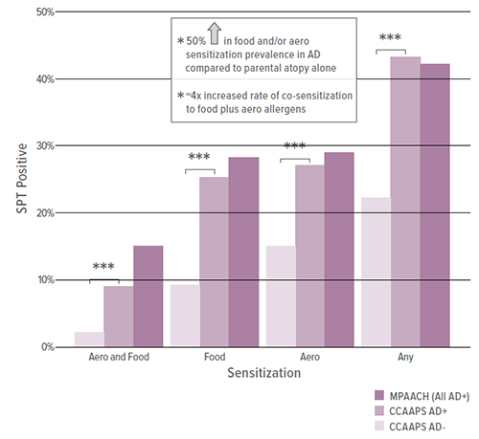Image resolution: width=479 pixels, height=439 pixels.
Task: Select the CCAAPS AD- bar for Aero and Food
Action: [89, 339]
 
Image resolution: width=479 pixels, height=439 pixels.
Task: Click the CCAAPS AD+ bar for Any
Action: [405, 201]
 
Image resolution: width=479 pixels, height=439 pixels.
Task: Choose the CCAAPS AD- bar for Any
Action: [376, 272]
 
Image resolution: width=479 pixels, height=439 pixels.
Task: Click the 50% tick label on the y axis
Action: [41, 12]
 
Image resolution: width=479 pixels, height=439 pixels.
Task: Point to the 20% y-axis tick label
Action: [41, 212]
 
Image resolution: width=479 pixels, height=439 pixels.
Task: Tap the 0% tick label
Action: [44, 346]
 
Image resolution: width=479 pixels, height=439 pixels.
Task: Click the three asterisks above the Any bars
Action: [390, 39]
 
